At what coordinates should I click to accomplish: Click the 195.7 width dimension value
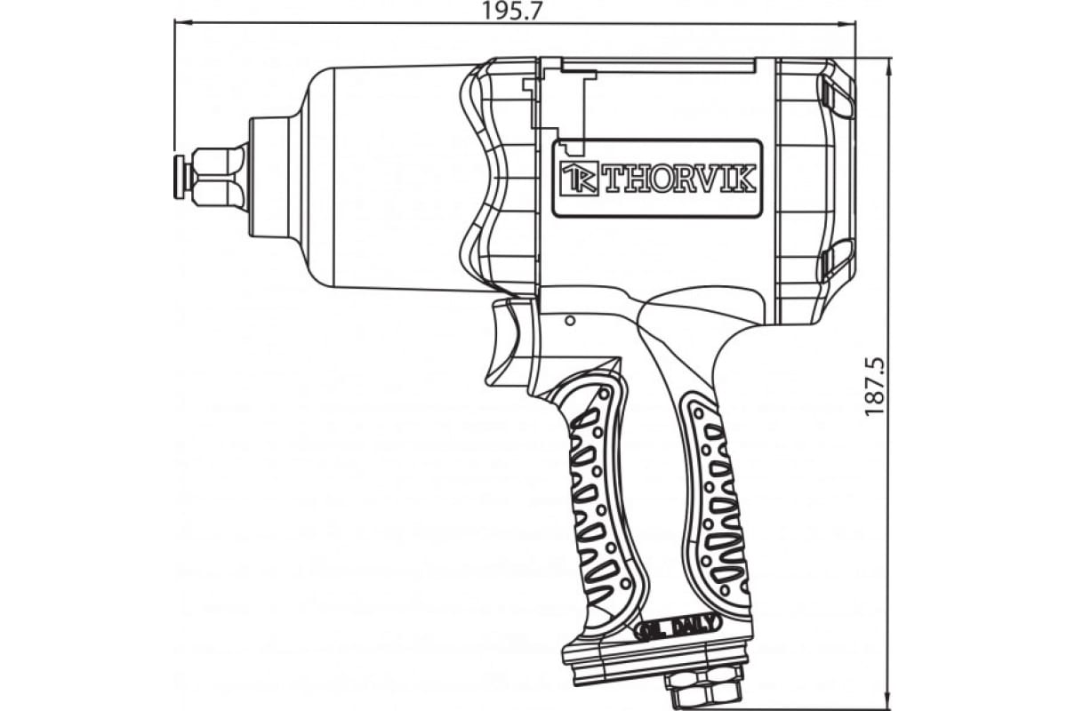[513, 11]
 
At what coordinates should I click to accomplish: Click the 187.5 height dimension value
[875, 387]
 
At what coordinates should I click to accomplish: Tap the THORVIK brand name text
[679, 179]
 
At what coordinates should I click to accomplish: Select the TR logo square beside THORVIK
[579, 179]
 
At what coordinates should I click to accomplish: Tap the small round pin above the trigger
[570, 321]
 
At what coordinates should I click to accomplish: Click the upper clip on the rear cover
[838, 99]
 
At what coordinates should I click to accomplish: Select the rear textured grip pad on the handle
[715, 505]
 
